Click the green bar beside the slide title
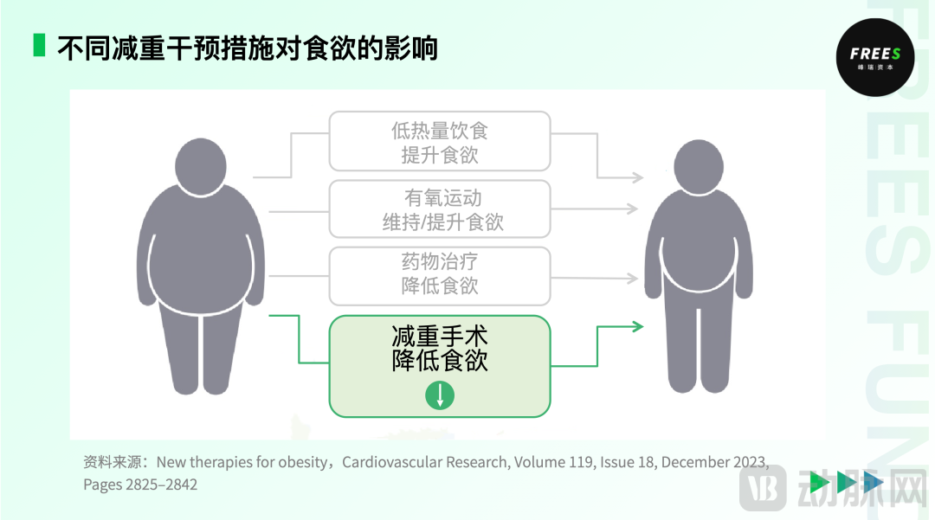[x=39, y=45]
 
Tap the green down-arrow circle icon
[x=440, y=395]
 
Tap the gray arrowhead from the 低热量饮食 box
[x=637, y=178]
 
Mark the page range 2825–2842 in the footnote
[x=158, y=485]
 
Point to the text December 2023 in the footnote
[x=713, y=462]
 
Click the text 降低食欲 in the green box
[x=440, y=361]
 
